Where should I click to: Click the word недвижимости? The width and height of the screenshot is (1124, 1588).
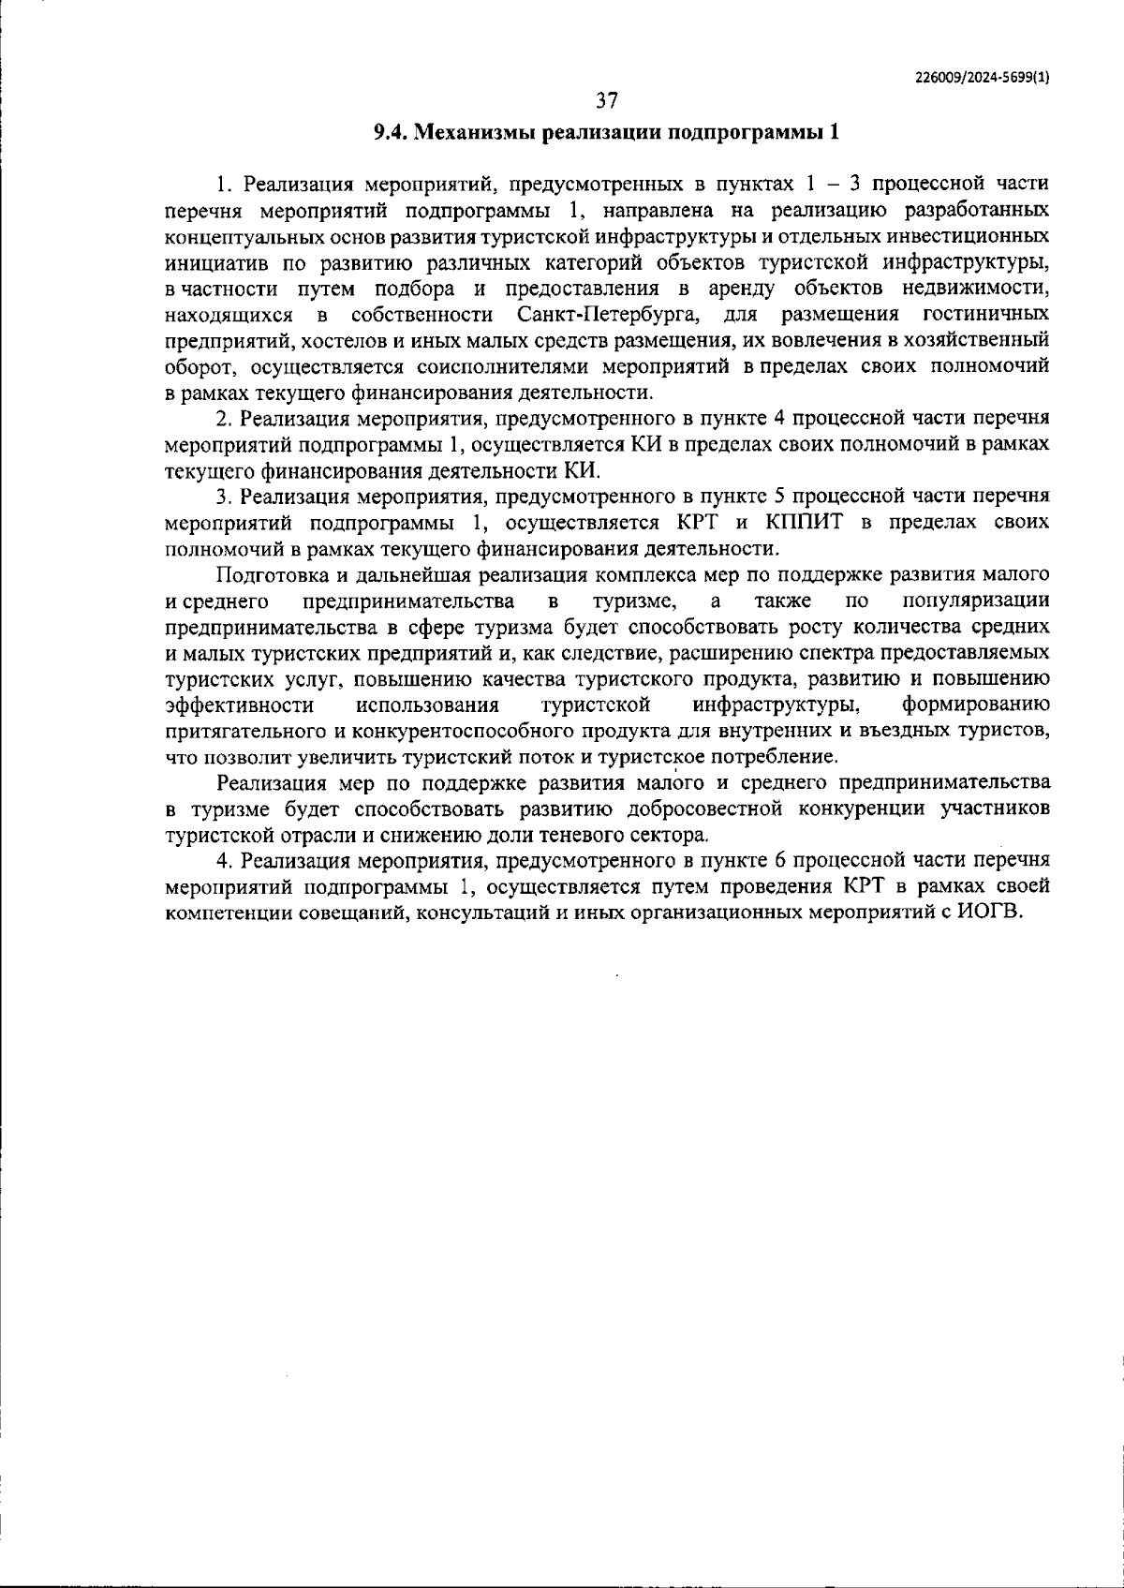(x=983, y=287)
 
